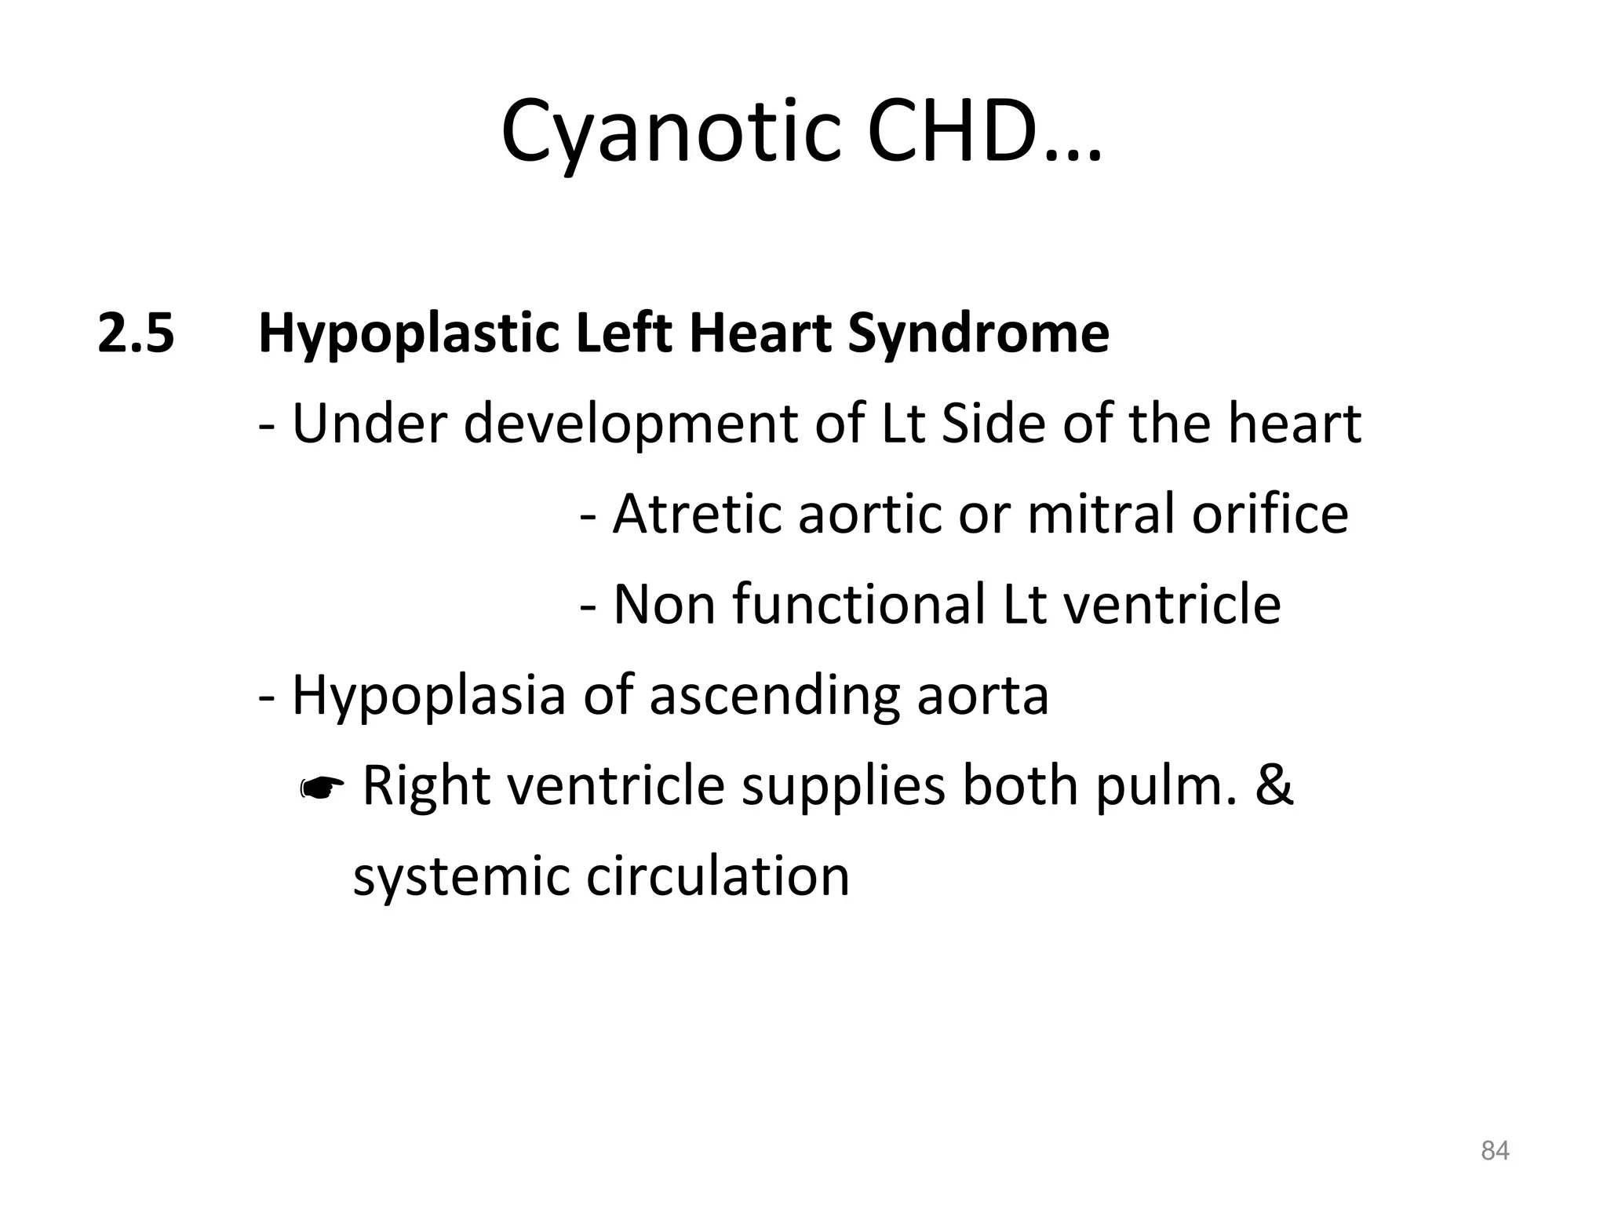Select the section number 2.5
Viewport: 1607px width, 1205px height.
coord(136,333)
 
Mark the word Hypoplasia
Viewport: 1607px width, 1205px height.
coord(428,696)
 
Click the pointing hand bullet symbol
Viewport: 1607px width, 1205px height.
coord(322,788)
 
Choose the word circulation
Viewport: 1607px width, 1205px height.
coord(718,876)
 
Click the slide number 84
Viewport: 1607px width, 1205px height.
coord(1495,1151)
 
